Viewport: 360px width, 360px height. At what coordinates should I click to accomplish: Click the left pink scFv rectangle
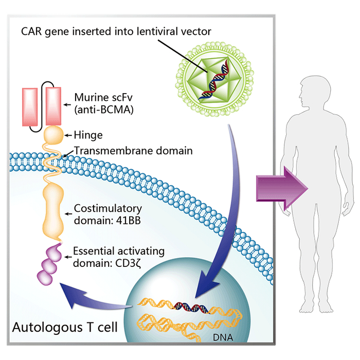click(x=29, y=105)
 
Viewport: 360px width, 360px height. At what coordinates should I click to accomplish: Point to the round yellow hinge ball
click(x=52, y=135)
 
